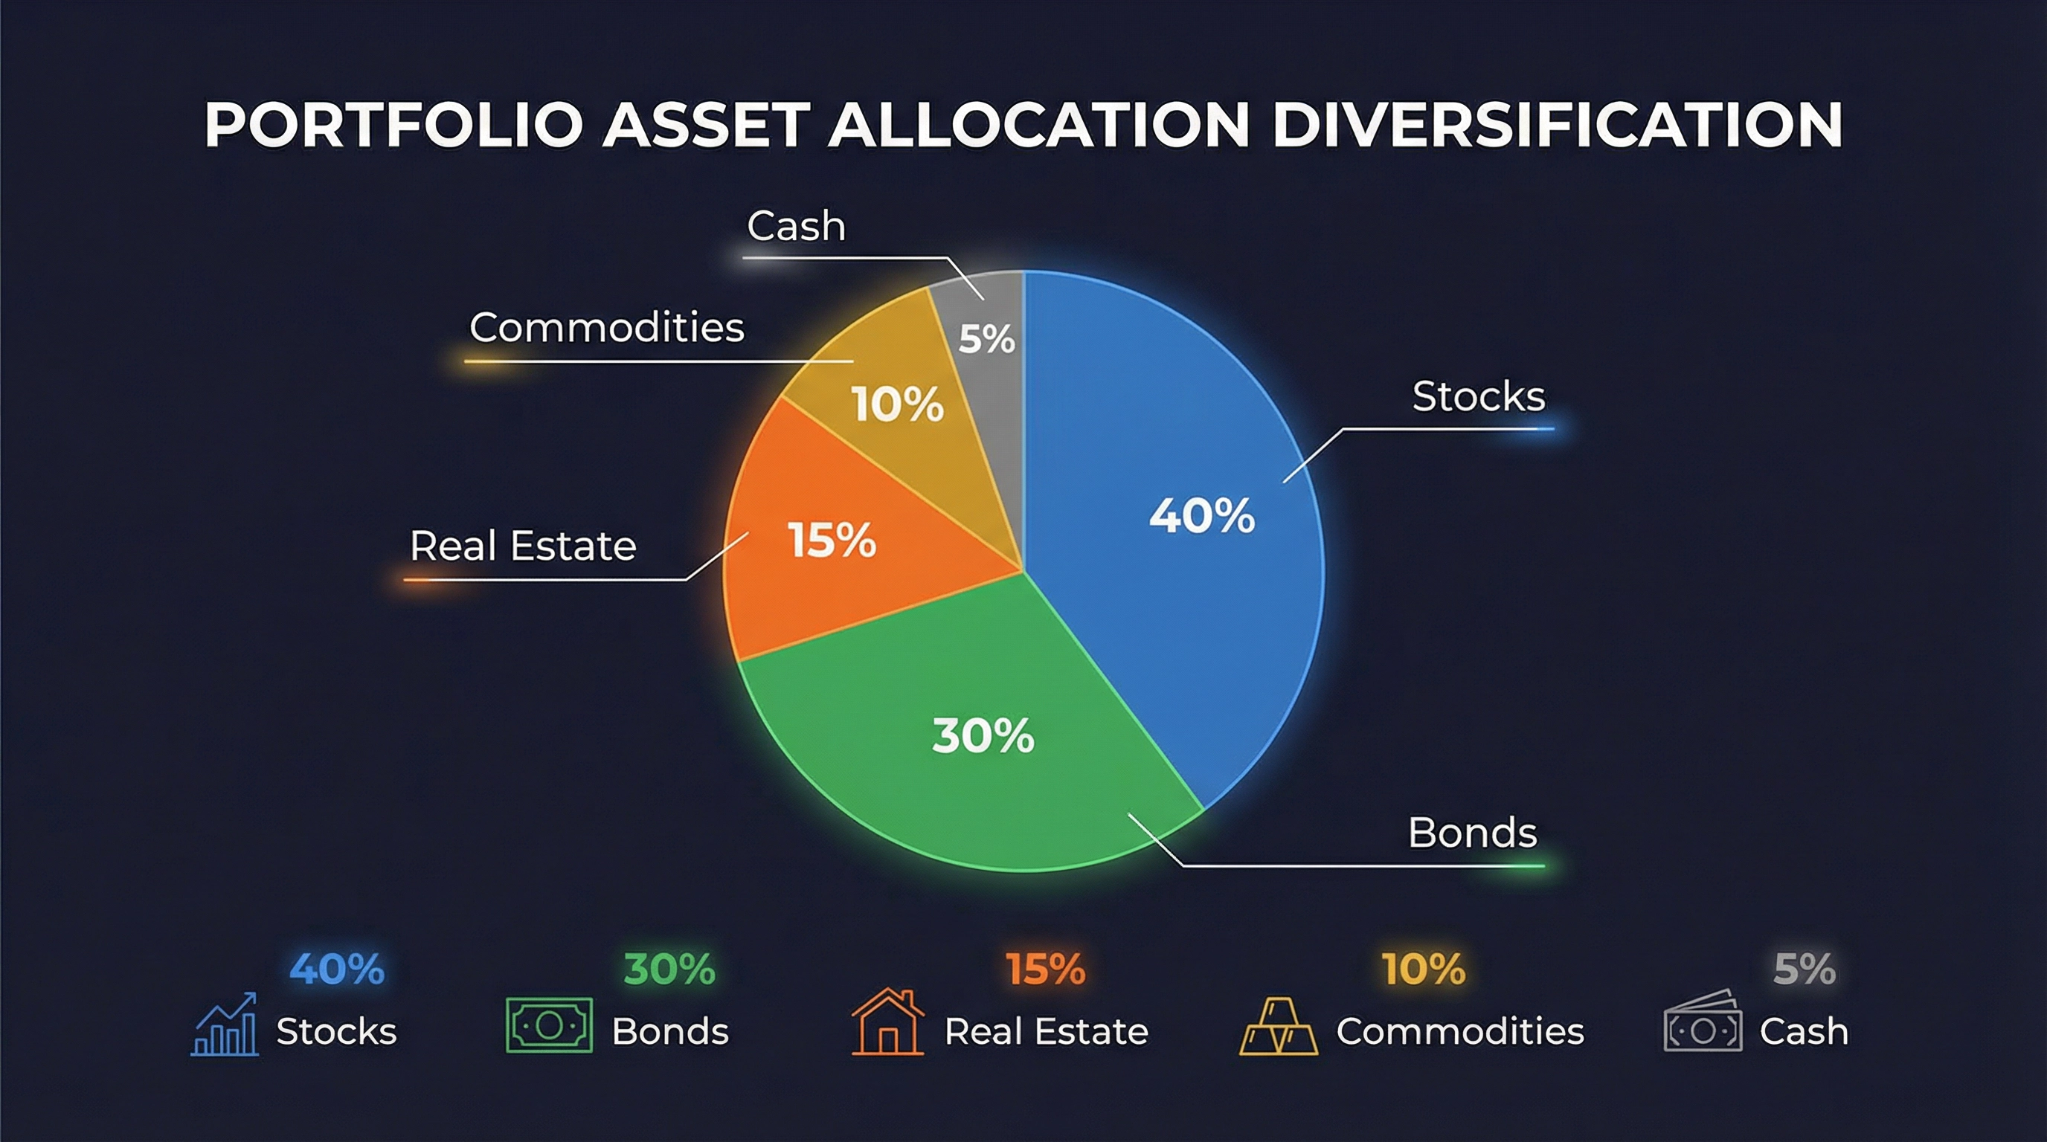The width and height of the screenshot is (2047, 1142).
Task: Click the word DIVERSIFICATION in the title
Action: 1557,125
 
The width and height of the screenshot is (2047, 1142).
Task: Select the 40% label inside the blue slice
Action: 1201,515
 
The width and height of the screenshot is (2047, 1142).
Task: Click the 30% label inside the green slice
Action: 983,735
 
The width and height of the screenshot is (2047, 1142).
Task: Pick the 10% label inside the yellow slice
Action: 898,404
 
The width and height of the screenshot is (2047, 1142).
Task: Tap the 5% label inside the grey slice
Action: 986,339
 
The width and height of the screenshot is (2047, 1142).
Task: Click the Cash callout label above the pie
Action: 795,226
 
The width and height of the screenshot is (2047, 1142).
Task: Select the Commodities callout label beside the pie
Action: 606,327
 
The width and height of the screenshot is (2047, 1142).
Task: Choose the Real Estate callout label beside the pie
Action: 523,546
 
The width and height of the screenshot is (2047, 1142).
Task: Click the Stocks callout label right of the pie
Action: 1478,396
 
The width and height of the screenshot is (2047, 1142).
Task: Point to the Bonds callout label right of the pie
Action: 1473,833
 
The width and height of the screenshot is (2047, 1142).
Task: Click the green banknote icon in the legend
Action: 549,1025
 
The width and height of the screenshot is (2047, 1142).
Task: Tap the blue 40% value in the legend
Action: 337,969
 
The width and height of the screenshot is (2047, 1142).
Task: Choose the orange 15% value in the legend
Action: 1045,969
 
